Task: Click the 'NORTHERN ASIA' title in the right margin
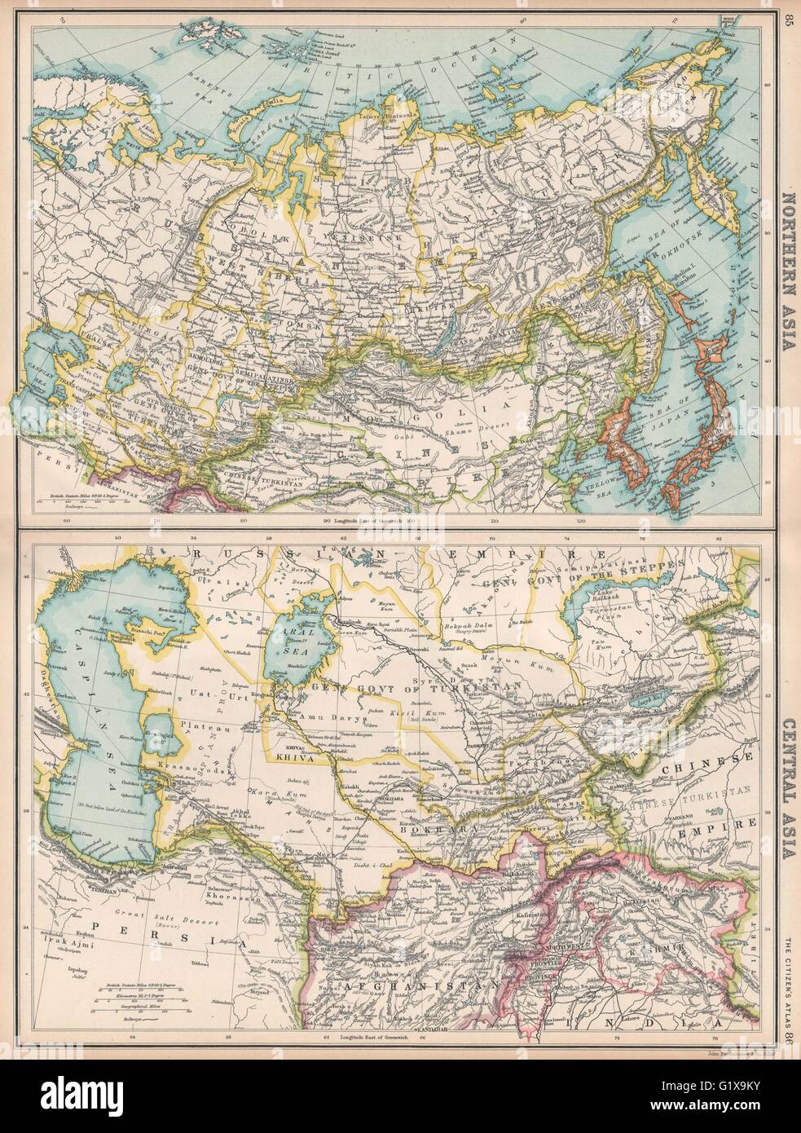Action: click(x=786, y=268)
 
